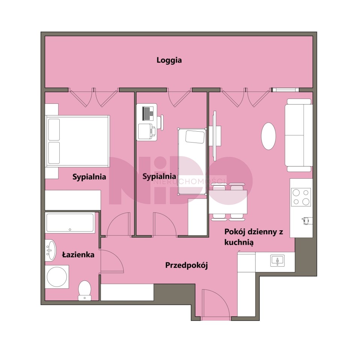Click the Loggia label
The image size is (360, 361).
click(x=169, y=60)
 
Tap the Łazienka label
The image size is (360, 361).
click(x=78, y=255)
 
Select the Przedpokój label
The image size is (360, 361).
click(x=186, y=265)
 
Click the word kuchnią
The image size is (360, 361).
click(x=239, y=243)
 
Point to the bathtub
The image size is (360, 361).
click(x=70, y=223)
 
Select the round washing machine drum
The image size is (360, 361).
click(x=57, y=277)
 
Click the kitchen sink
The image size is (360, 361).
click(x=277, y=261)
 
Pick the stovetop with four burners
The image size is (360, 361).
click(x=301, y=197)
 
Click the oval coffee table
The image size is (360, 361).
click(x=268, y=136)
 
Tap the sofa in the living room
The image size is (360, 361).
click(x=299, y=135)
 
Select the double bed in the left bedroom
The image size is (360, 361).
click(x=77, y=141)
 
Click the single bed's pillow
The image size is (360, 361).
click(x=195, y=137)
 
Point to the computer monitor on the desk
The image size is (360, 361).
click(x=146, y=114)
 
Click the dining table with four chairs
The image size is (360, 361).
click(x=228, y=202)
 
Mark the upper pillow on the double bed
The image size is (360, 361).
click(x=54, y=129)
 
